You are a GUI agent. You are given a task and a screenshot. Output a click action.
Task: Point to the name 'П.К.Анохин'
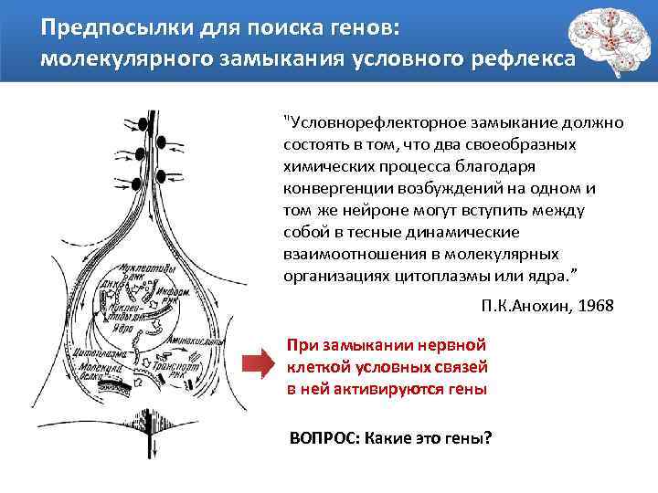tap(519, 305)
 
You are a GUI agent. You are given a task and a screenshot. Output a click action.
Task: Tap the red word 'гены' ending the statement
tap(464, 389)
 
